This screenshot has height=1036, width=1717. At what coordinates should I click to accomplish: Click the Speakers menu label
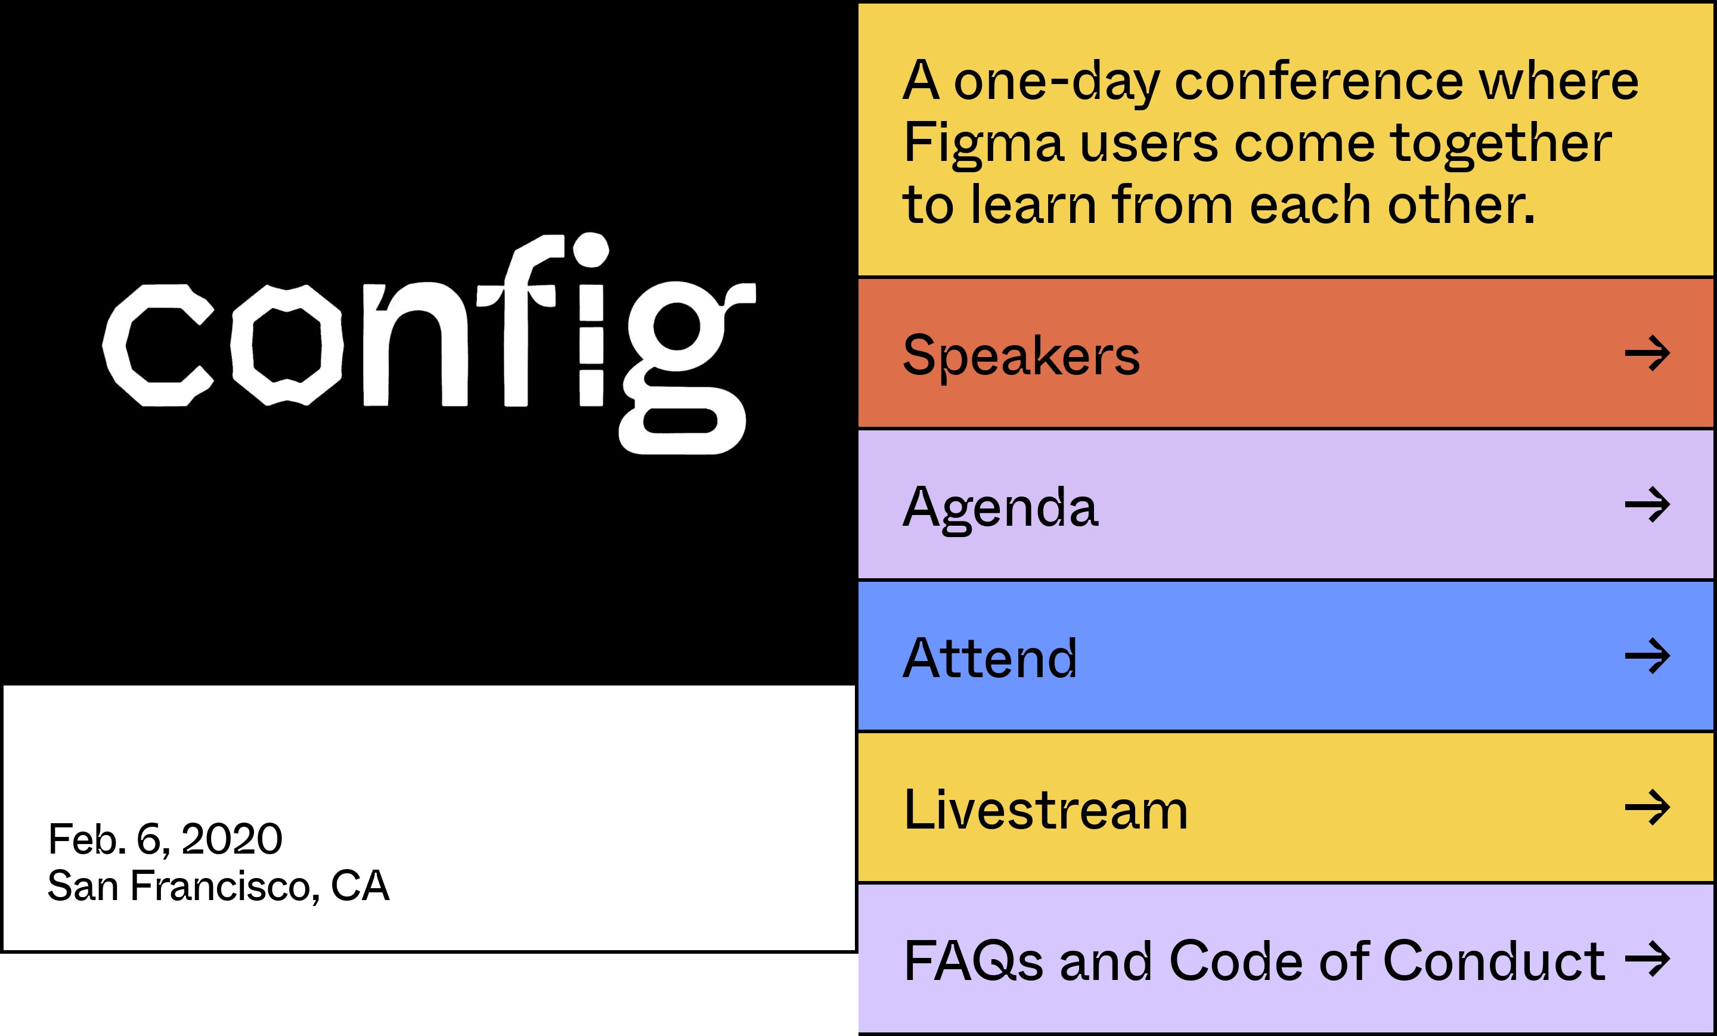click(x=1021, y=355)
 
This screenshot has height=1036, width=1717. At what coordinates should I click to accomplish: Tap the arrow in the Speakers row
click(x=1647, y=353)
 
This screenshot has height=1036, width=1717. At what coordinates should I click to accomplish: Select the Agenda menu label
click(x=1000, y=508)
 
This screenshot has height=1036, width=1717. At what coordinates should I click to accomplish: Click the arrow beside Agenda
click(x=1647, y=504)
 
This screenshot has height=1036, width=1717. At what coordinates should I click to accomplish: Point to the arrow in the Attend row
click(x=1647, y=656)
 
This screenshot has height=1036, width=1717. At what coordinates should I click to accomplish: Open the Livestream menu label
click(x=1045, y=809)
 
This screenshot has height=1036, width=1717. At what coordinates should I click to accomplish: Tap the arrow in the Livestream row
click(x=1647, y=808)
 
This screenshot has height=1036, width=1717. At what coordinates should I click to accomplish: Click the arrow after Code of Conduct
click(x=1647, y=959)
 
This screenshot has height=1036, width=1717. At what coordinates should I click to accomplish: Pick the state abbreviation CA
click(x=359, y=886)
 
